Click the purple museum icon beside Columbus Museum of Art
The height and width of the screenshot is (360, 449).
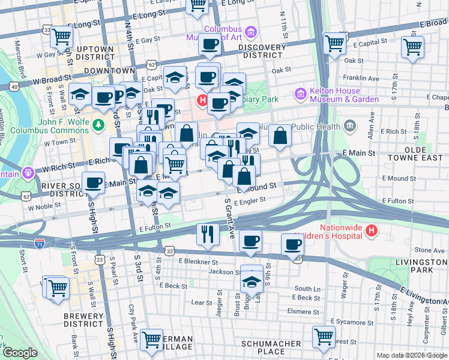click(251, 31)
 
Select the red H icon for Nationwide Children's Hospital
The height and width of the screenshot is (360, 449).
click(372, 230)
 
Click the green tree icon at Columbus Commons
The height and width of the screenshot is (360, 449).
click(101, 125)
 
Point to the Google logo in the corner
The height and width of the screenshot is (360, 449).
click(20, 353)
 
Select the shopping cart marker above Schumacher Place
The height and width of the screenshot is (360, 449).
click(324, 337)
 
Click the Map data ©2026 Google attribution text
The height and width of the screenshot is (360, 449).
click(411, 355)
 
